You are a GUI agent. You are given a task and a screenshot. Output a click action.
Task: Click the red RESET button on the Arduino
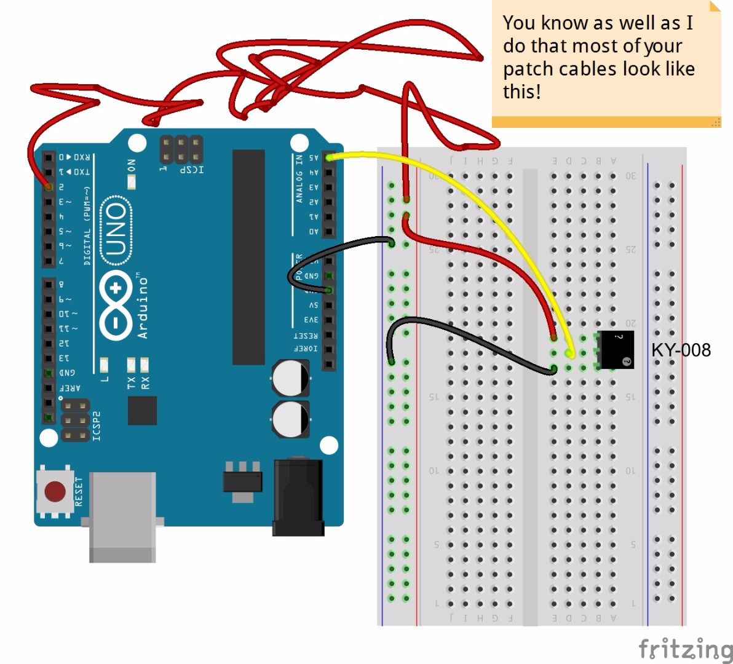click(x=55, y=491)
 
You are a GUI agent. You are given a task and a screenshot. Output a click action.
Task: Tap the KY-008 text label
click(x=681, y=350)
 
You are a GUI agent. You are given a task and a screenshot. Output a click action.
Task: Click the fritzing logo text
click(x=684, y=649)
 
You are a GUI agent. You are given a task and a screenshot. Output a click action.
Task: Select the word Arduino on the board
click(x=143, y=307)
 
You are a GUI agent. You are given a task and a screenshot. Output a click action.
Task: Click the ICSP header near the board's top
click(x=181, y=148)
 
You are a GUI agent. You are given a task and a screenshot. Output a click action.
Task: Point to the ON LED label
click(x=131, y=167)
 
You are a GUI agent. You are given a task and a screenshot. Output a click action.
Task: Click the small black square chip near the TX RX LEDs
click(x=142, y=410)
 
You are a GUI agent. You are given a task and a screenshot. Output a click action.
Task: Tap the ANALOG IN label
click(x=299, y=178)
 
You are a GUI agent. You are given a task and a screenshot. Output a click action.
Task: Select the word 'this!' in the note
click(x=522, y=92)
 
